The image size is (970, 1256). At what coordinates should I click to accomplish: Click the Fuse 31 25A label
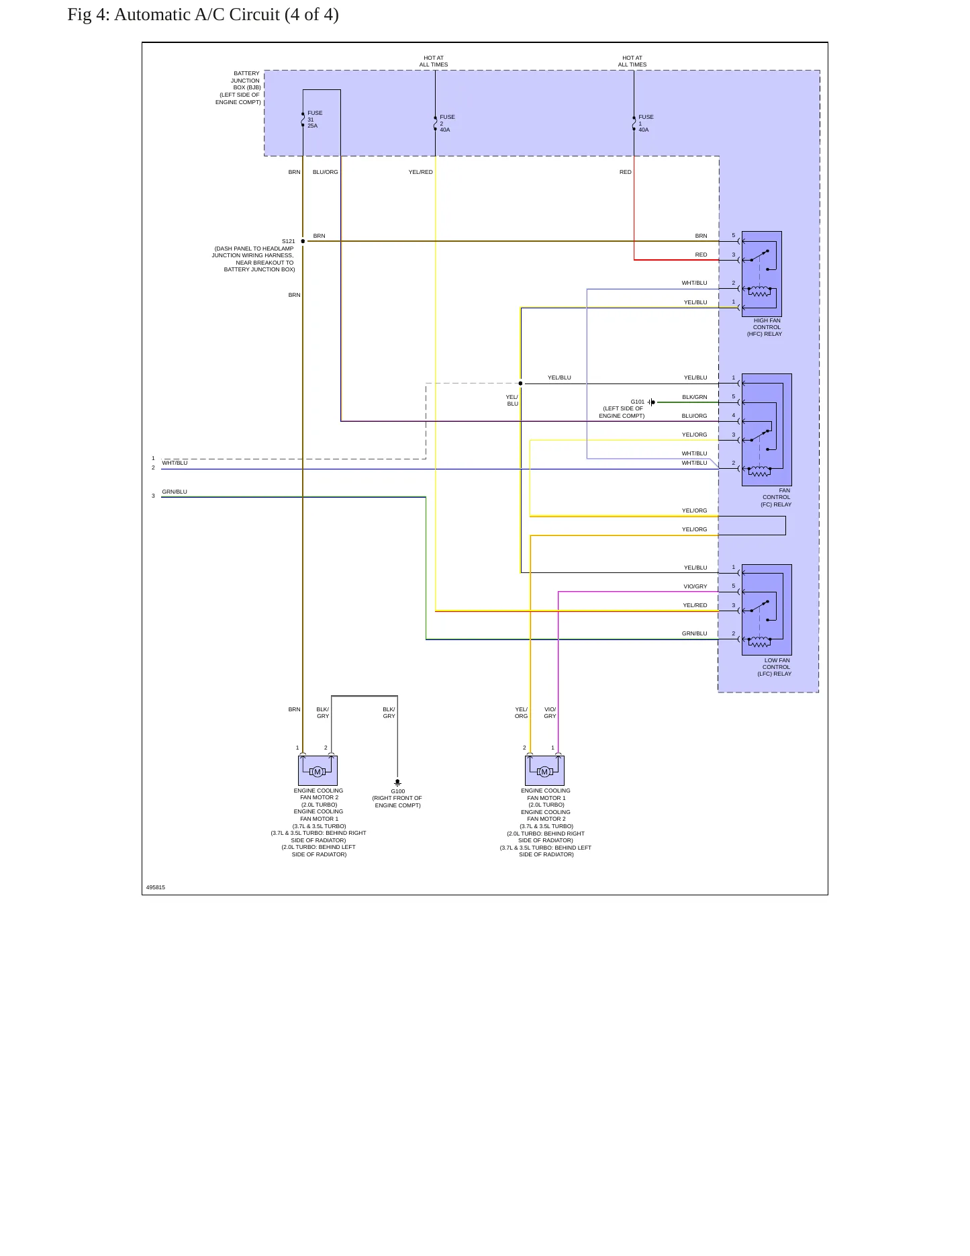click(x=315, y=120)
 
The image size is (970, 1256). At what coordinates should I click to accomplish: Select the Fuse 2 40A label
click(x=447, y=124)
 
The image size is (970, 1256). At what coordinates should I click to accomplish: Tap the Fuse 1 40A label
click(x=646, y=124)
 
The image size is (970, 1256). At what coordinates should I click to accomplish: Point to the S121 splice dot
click(x=303, y=241)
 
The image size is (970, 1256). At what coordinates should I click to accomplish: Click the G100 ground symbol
click(x=397, y=782)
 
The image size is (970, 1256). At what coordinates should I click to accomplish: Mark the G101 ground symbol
click(x=651, y=402)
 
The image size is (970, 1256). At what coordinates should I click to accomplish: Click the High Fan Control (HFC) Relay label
click(x=765, y=327)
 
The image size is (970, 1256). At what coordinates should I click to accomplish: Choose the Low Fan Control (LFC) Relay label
click(x=775, y=667)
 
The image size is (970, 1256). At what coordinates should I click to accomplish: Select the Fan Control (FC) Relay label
click(x=776, y=498)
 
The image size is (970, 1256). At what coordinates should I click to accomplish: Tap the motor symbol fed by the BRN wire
click(x=318, y=772)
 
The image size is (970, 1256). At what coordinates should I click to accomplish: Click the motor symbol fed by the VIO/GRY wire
click(x=544, y=772)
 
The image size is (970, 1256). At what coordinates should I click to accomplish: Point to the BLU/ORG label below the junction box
click(x=326, y=173)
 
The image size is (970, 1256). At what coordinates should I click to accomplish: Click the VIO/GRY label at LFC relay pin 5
click(x=695, y=587)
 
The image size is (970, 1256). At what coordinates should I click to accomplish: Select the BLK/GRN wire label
click(x=695, y=398)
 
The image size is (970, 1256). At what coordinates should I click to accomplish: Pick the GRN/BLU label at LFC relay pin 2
click(x=695, y=634)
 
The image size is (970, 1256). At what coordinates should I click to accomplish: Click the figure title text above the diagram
click(x=203, y=15)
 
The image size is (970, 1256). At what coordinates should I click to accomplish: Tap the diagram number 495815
click(x=156, y=887)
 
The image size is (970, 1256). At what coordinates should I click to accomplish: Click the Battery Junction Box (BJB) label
click(x=238, y=88)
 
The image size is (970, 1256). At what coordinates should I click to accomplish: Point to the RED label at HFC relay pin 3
click(x=701, y=255)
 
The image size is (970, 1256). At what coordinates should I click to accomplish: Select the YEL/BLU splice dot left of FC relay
click(x=520, y=384)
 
